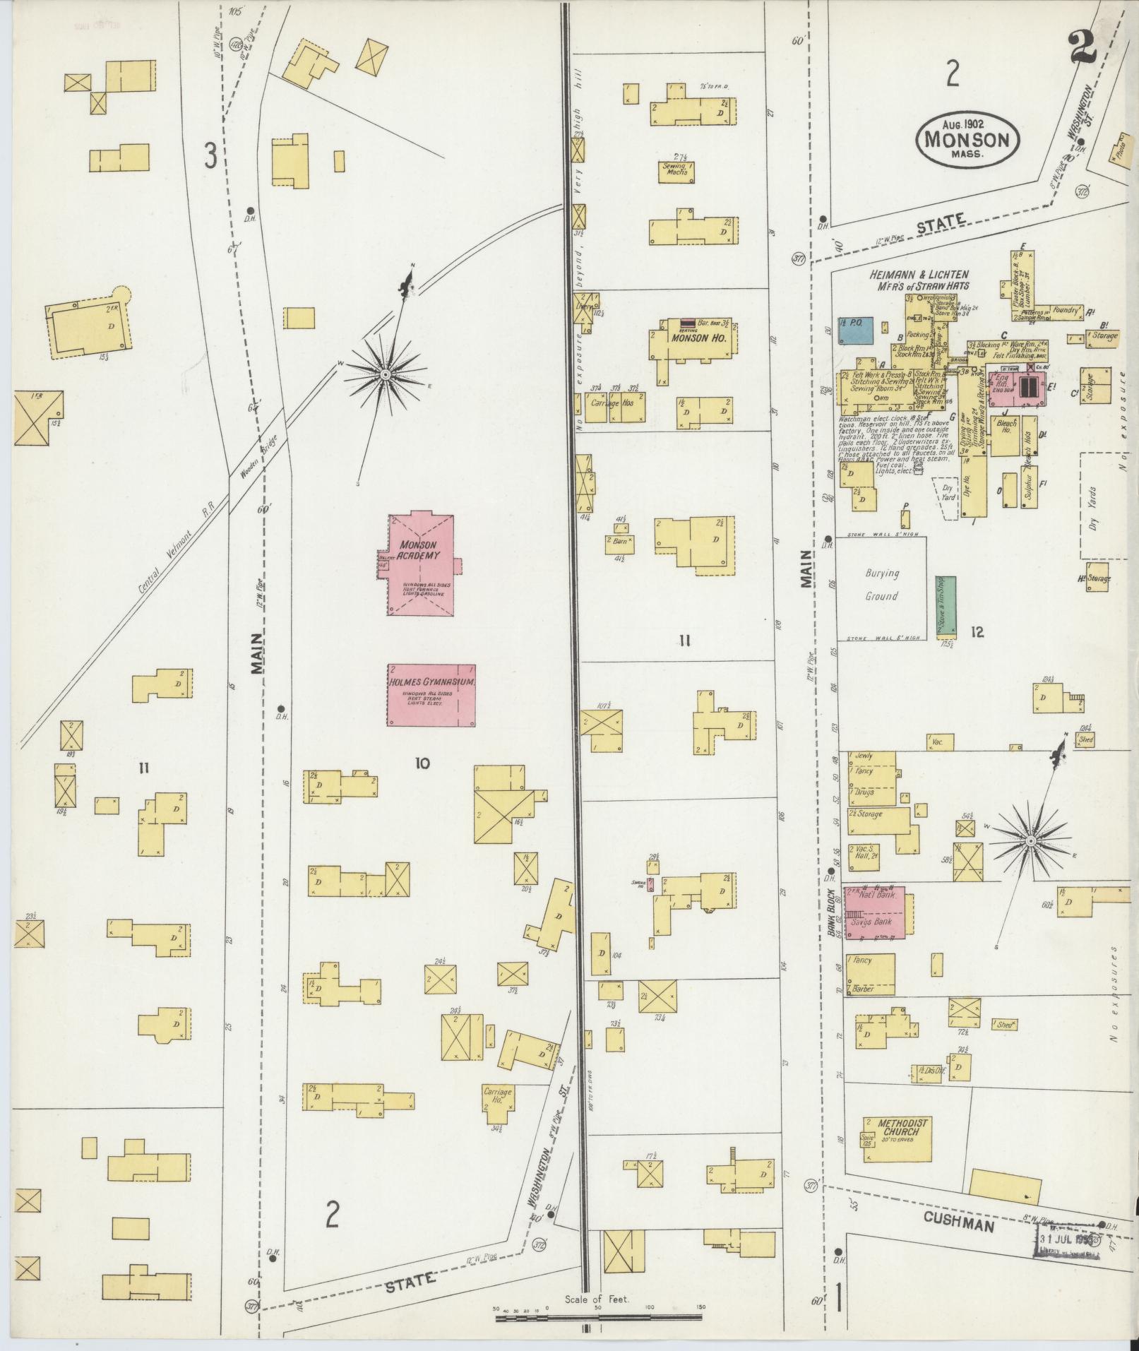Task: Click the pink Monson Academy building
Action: click(420, 565)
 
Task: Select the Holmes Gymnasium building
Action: click(431, 695)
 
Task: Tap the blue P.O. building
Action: click(855, 330)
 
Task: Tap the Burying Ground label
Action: click(881, 585)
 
